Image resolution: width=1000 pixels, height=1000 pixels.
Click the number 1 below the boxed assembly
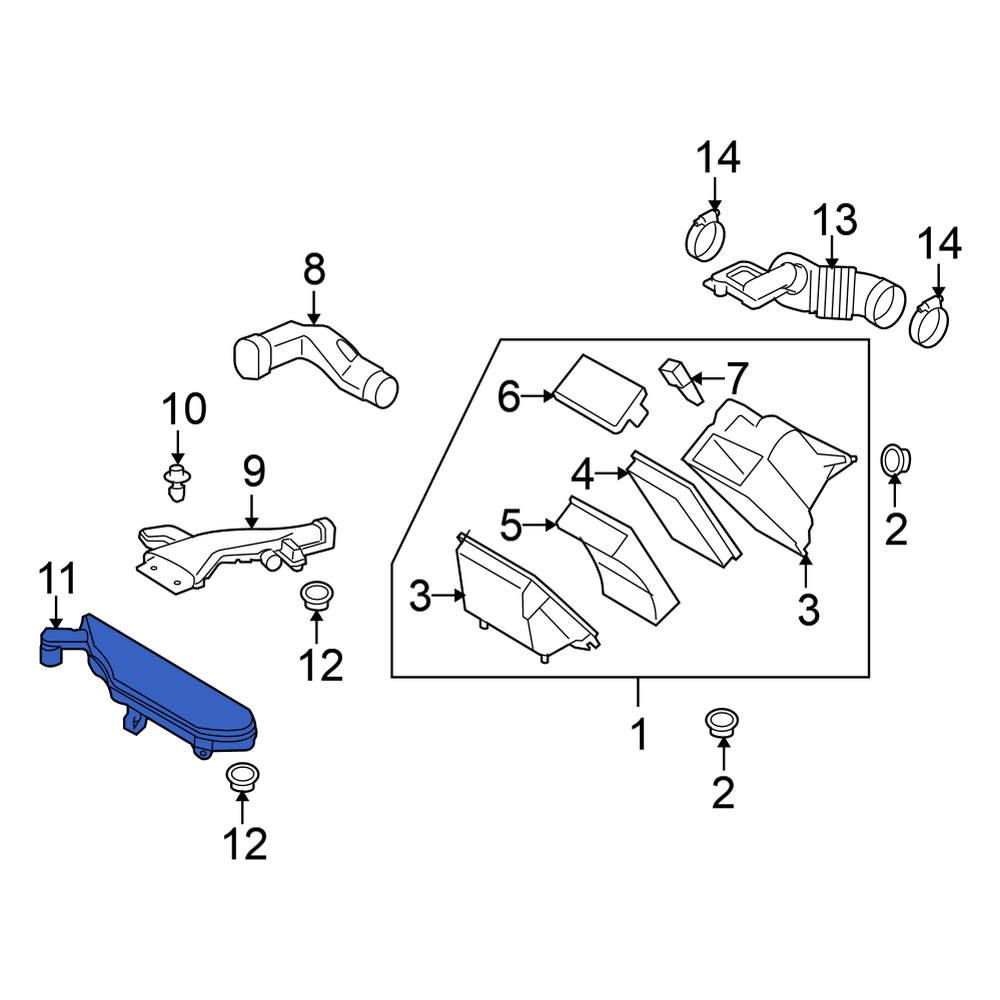(638, 736)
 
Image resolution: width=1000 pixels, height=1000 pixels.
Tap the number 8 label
(314, 269)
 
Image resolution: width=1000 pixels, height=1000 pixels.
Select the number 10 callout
(184, 409)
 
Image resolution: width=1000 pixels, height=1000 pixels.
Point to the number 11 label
(57, 581)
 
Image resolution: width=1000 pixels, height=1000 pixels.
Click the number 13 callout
(833, 220)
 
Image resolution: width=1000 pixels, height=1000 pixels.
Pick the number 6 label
(510, 397)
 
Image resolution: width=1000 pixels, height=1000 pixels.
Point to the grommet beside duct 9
(317, 593)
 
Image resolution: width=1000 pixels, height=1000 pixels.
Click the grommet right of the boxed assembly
(894, 461)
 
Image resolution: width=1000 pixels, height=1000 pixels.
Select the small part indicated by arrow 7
(675, 379)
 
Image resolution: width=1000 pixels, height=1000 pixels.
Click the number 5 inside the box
(511, 523)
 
